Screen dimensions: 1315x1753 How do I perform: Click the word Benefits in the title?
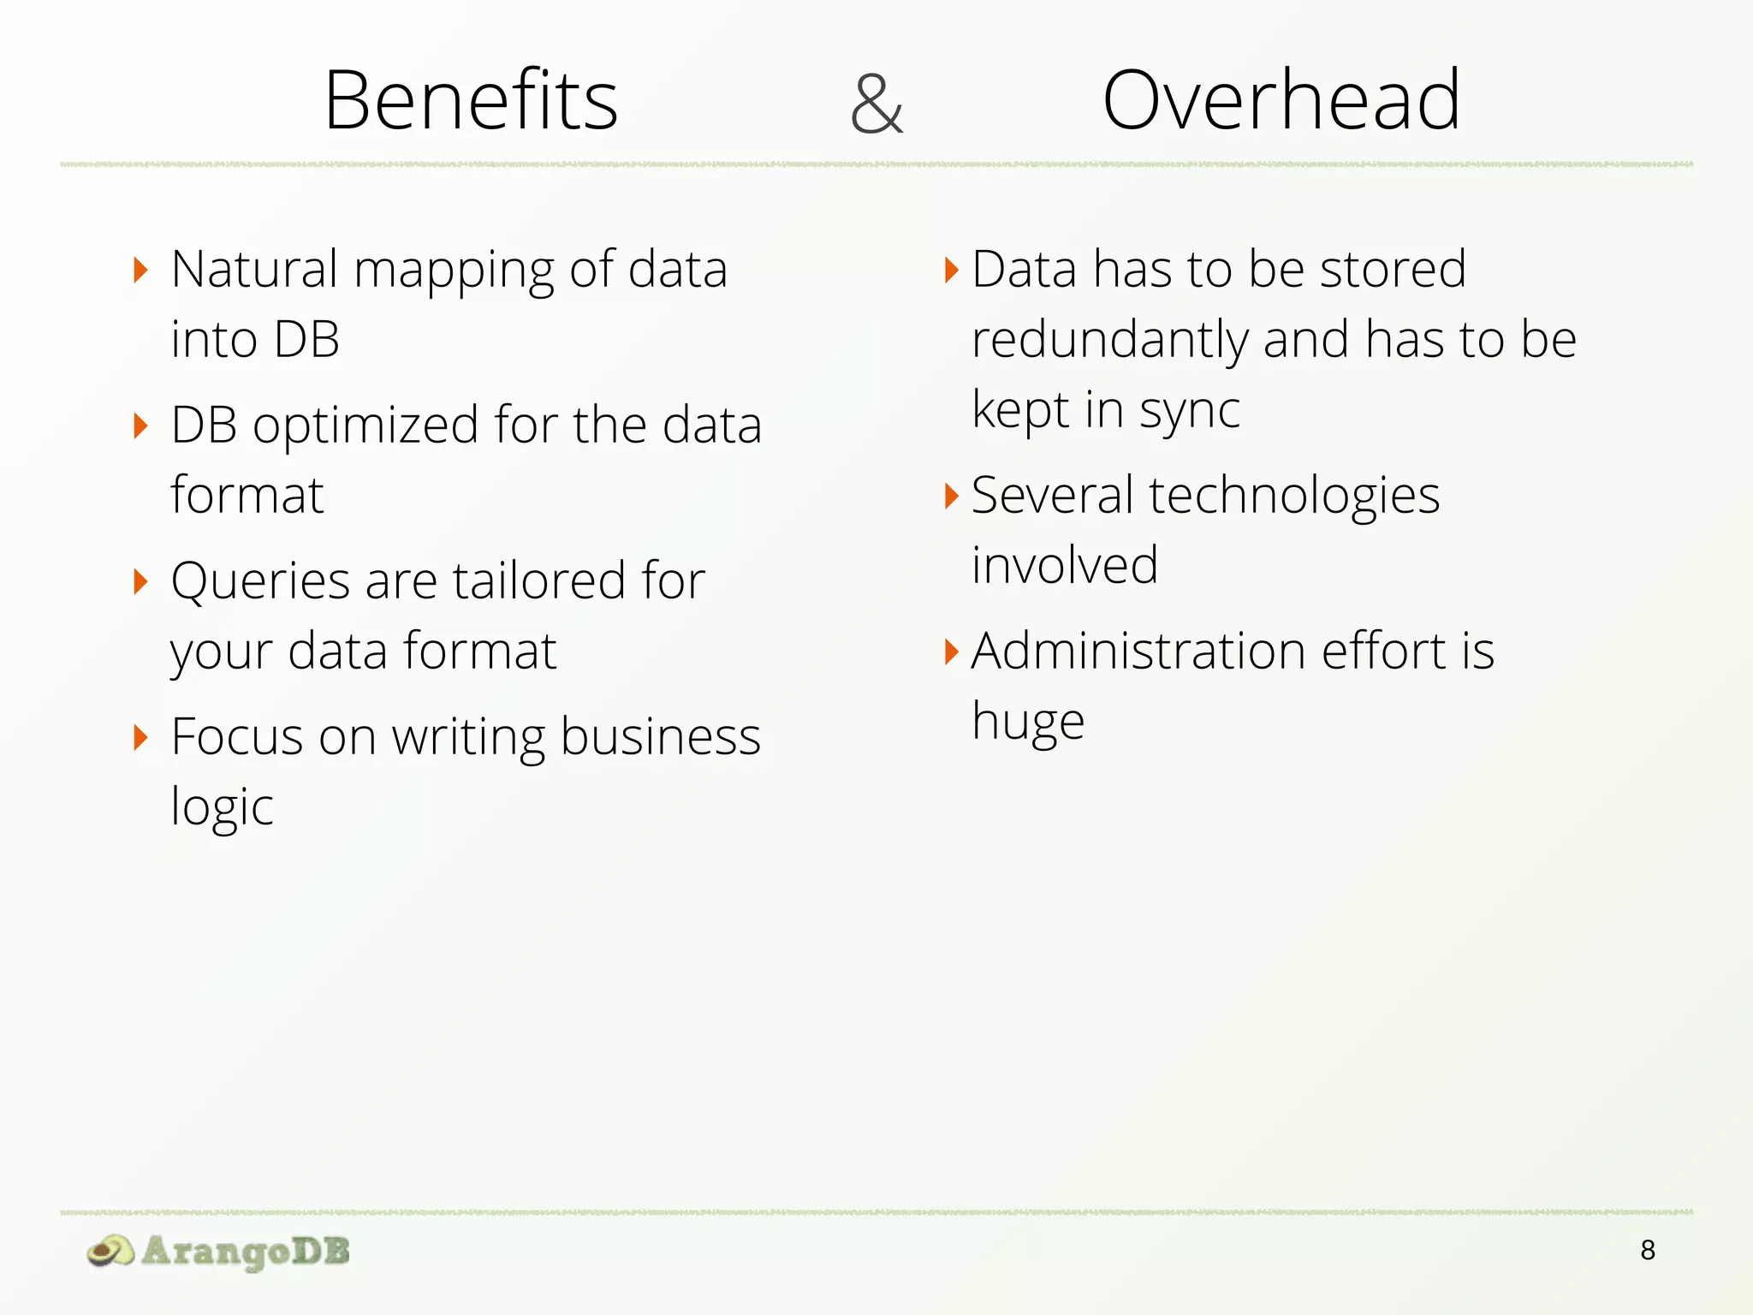pyautogui.click(x=471, y=101)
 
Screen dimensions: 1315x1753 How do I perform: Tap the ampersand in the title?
pyautogui.click(x=876, y=104)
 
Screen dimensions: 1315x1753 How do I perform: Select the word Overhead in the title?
pyautogui.click(x=1281, y=101)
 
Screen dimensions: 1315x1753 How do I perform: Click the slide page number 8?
pyautogui.click(x=1648, y=1251)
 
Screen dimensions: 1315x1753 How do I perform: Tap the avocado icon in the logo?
pyautogui.click(x=110, y=1251)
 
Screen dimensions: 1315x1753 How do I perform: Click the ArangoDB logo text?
pyautogui.click(x=246, y=1251)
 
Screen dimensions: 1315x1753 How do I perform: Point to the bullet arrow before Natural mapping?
pyautogui.click(x=141, y=271)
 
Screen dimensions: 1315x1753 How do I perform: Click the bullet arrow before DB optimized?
pyautogui.click(x=141, y=425)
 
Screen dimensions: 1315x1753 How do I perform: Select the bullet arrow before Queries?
pyautogui.click(x=141, y=581)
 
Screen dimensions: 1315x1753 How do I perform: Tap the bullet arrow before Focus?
pyautogui.click(x=141, y=737)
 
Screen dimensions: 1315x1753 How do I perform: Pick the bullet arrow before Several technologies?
pyautogui.click(x=951, y=496)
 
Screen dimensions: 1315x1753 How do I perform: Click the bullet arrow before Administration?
pyautogui.click(x=951, y=652)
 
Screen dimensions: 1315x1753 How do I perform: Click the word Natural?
pyautogui.click(x=254, y=270)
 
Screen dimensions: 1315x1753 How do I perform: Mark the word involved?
pyautogui.click(x=1065, y=566)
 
